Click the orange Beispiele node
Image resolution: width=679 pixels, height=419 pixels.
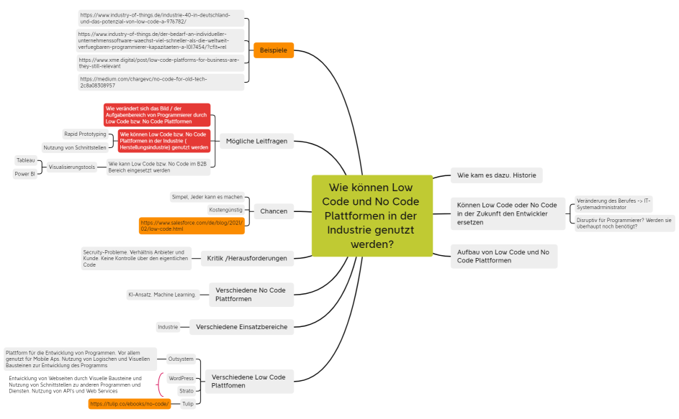click(x=274, y=50)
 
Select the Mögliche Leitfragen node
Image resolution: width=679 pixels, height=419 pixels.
click(x=256, y=141)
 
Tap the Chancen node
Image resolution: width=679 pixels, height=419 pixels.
click(x=274, y=211)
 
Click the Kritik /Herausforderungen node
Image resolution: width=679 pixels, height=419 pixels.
click(x=247, y=258)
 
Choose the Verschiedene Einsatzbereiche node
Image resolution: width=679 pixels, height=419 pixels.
click(x=241, y=327)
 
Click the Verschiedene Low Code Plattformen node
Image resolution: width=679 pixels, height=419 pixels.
click(x=249, y=381)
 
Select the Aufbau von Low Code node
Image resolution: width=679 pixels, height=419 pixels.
click(x=503, y=256)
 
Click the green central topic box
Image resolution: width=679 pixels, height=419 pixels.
click(x=372, y=215)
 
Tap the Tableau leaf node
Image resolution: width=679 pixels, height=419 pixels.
click(x=25, y=160)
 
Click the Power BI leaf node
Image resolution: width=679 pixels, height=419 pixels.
click(x=25, y=174)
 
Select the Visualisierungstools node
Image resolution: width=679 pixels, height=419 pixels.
click(x=72, y=167)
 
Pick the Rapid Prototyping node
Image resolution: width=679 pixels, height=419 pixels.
click(x=85, y=134)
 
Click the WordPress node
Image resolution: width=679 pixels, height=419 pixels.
click(x=181, y=378)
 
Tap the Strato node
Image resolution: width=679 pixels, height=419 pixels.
click(x=186, y=391)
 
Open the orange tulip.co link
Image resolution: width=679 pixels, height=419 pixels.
click(x=130, y=404)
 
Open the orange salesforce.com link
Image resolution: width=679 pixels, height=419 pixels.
click(x=191, y=226)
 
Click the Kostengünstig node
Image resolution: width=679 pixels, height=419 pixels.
click(x=225, y=210)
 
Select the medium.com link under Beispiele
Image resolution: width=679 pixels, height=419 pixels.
click(x=161, y=82)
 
